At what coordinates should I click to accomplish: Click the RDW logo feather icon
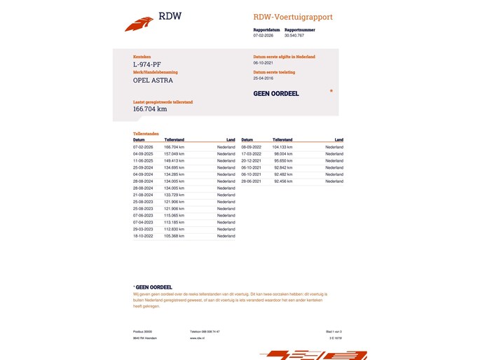139,24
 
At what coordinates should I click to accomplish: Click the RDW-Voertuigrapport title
293,17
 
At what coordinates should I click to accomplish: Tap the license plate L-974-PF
146,64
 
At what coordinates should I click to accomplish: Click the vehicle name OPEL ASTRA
153,81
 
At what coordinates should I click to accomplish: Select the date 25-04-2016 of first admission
263,78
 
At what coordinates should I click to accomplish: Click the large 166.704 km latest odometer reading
150,109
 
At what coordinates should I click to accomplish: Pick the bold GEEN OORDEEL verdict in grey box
276,93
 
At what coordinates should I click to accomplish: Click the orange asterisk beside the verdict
331,92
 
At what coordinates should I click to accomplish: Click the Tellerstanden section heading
146,133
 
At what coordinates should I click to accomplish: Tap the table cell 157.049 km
174,154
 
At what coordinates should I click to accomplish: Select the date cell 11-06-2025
143,160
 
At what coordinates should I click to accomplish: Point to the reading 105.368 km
174,236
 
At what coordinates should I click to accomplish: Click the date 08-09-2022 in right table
251,147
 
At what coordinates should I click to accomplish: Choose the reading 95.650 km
283,160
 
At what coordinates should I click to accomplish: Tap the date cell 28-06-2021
251,181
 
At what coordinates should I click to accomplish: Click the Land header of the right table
338,139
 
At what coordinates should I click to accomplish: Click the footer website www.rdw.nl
196,338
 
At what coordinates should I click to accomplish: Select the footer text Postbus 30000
142,331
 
